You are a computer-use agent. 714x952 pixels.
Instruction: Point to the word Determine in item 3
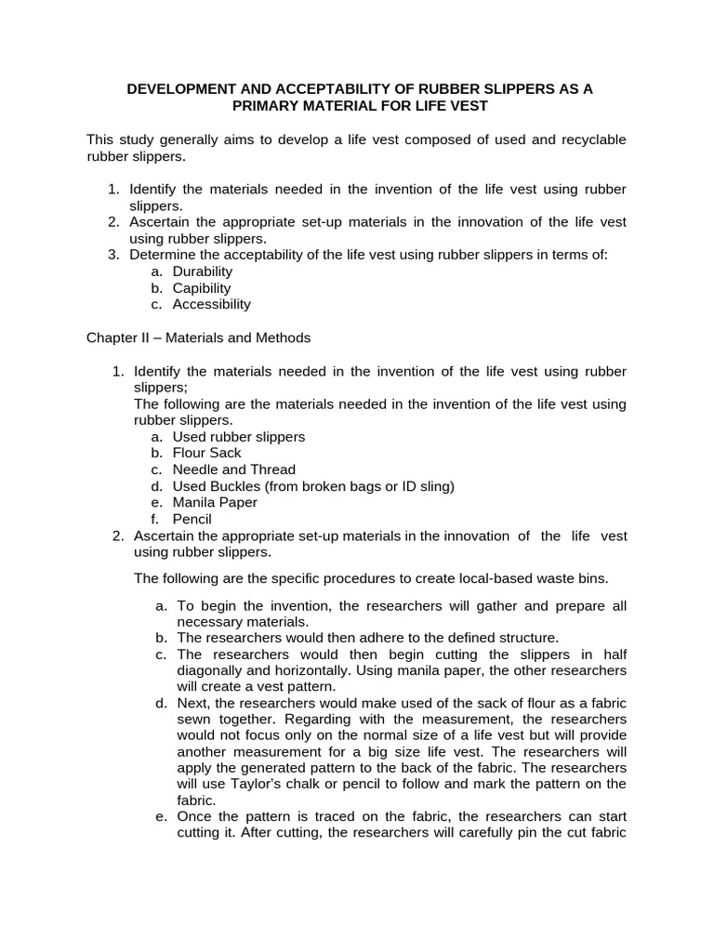pyautogui.click(x=160, y=255)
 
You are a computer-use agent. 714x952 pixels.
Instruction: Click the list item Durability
pyautogui.click(x=203, y=271)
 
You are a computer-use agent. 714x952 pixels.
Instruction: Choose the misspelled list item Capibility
pyautogui.click(x=202, y=288)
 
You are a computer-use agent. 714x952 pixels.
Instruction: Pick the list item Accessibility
pyautogui.click(x=212, y=304)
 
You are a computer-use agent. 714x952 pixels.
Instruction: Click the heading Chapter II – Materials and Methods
pyautogui.click(x=199, y=337)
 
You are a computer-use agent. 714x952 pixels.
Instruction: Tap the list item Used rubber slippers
pyautogui.click(x=239, y=436)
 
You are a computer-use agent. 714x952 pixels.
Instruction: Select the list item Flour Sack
pyautogui.click(x=207, y=453)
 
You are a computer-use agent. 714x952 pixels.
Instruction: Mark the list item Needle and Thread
pyautogui.click(x=234, y=469)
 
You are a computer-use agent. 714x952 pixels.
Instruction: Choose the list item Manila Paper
pyautogui.click(x=215, y=502)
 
